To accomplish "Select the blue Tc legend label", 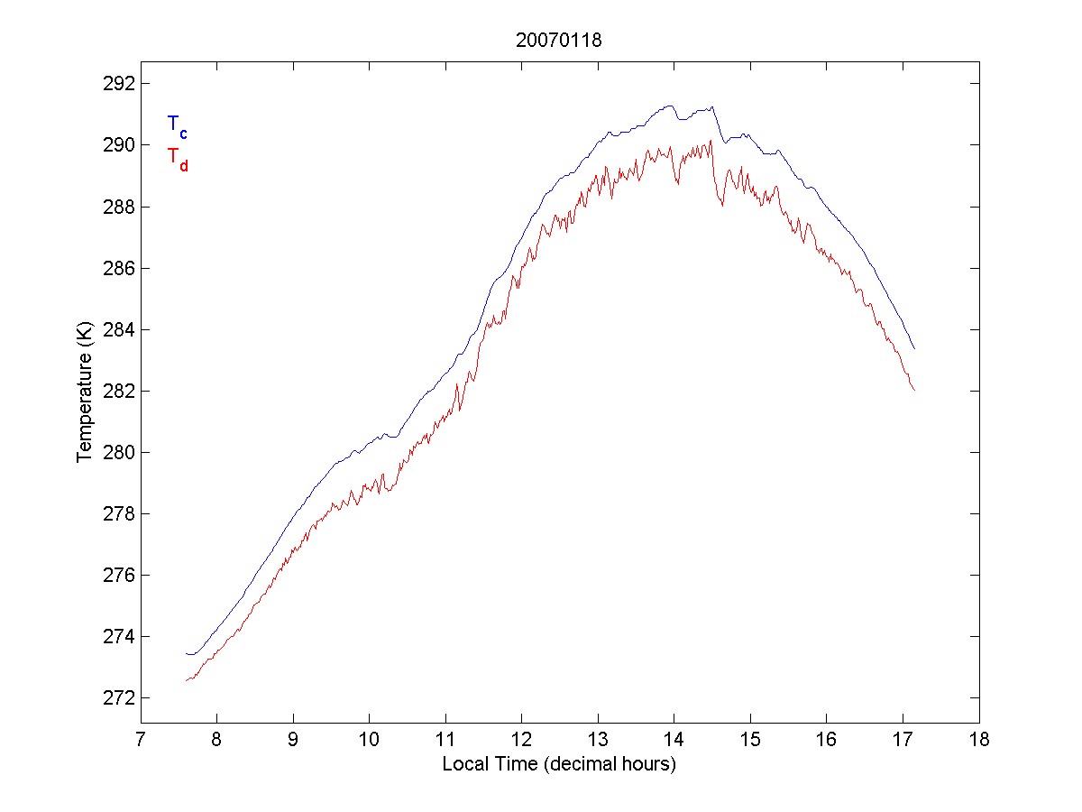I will (177, 126).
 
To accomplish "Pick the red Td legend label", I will (177, 158).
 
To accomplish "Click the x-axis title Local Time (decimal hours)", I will (559, 764).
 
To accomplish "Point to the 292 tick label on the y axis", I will (118, 84).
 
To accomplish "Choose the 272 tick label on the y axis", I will (118, 698).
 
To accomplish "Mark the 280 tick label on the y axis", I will (118, 452).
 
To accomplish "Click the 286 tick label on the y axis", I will (118, 268).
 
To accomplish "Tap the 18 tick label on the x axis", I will (979, 742).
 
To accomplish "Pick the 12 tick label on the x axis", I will (521, 742).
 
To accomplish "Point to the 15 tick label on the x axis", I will (750, 742).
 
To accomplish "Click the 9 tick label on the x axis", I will (293, 742).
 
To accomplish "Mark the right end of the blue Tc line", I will (914, 348).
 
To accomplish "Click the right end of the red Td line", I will (914, 390).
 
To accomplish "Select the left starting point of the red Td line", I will (186, 680).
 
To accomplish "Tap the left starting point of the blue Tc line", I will (186, 653).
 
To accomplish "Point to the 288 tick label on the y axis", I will (118, 207).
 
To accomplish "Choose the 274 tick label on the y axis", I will (118, 637).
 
